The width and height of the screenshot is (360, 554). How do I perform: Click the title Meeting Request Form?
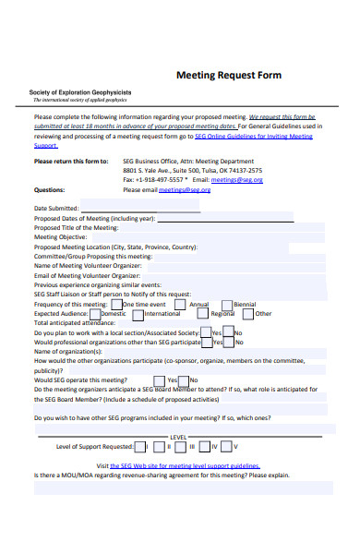coord(228,75)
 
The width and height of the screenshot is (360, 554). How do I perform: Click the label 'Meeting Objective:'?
coord(60,237)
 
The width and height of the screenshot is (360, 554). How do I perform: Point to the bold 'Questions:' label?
coord(49,189)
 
